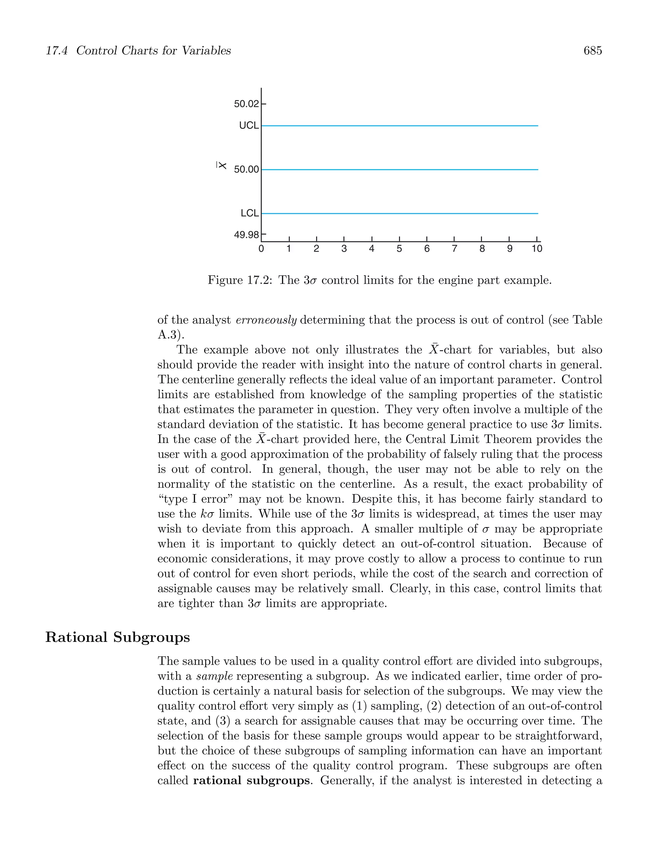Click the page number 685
pos(592,51)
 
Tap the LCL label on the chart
pos(249,213)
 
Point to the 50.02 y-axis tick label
pos(246,104)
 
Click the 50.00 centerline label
pos(246,170)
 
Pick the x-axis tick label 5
pos(399,249)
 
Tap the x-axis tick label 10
pos(537,249)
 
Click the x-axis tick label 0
pos(261,249)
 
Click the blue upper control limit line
pos(399,126)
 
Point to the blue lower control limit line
pos(399,213)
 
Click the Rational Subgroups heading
pos(118,637)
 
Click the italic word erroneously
pos(266,320)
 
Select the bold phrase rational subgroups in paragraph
pos(251,780)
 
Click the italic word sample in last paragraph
pos(215,676)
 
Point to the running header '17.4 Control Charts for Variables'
pos(138,51)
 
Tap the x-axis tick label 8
pos(482,249)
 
